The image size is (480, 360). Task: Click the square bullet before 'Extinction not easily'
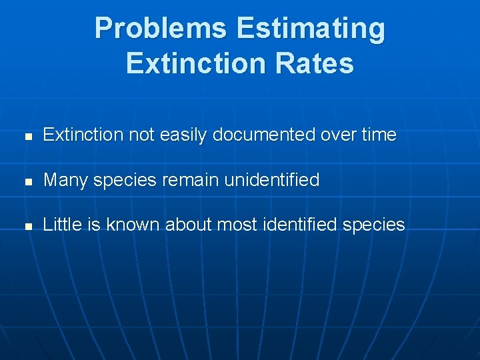[27, 136]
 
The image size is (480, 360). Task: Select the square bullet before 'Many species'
[27, 181]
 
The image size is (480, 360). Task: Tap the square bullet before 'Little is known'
[27, 226]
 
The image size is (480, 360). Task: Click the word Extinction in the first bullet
[83, 135]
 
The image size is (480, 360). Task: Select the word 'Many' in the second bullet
[63, 180]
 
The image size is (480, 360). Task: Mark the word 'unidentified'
[272, 180]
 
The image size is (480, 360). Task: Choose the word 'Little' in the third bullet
[61, 225]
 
